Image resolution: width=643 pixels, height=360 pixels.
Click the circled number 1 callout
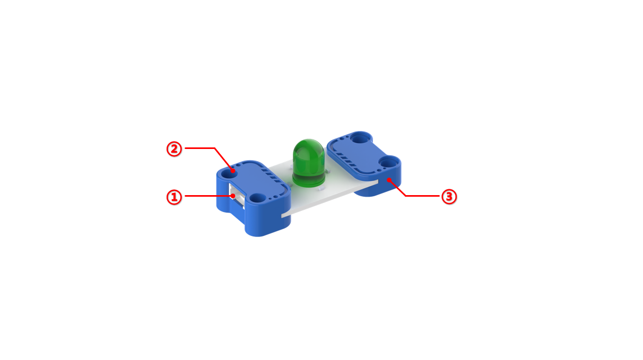click(174, 197)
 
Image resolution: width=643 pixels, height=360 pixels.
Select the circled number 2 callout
click(174, 149)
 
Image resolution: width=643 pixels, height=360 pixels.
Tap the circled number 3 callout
click(449, 197)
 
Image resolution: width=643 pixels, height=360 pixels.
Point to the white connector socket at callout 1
click(237, 196)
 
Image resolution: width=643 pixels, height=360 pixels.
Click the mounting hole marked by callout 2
click(229, 173)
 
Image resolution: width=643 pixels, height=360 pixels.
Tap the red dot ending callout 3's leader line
click(389, 180)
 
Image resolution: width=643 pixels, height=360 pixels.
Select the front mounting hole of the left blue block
click(258, 198)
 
